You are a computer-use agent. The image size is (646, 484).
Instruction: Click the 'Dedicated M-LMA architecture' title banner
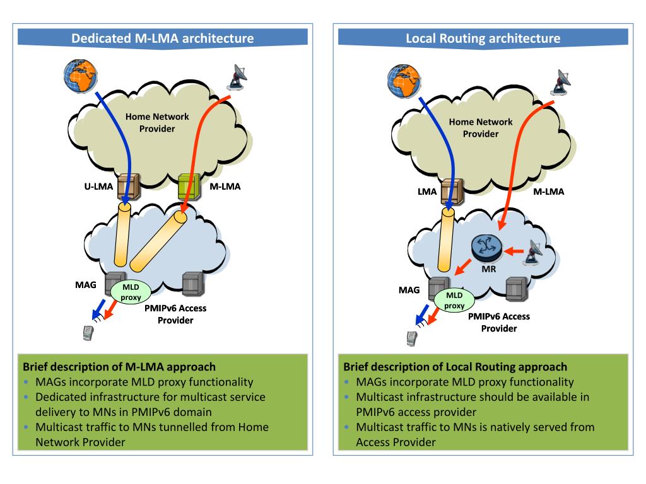162,37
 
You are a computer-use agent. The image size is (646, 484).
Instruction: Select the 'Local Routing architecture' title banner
483,37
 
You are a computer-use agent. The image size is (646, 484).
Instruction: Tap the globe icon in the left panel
80,76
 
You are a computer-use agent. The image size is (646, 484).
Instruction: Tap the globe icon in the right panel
404,81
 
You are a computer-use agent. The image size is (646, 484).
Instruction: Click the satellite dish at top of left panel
237,77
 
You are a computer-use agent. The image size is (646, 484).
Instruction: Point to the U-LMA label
98,187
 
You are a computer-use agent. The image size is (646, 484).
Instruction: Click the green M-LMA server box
189,187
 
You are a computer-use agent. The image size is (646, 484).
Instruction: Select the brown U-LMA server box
128,187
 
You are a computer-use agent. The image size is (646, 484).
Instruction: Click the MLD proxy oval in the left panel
131,292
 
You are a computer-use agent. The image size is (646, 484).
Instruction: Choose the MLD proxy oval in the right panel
454,300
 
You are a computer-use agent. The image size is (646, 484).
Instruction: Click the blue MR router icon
487,248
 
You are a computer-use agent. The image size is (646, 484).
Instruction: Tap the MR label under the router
489,269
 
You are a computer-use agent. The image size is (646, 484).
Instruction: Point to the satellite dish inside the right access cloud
534,251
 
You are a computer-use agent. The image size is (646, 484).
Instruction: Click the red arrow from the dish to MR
514,251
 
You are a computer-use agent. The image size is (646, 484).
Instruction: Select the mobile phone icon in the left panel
88,333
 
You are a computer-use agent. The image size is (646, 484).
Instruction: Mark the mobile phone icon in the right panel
411,338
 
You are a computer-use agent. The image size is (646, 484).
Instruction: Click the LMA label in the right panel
427,192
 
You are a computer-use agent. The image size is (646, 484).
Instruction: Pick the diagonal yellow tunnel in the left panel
158,241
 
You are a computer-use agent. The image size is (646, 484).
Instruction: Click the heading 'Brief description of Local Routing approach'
455,367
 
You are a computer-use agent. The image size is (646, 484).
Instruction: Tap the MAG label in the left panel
86,285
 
